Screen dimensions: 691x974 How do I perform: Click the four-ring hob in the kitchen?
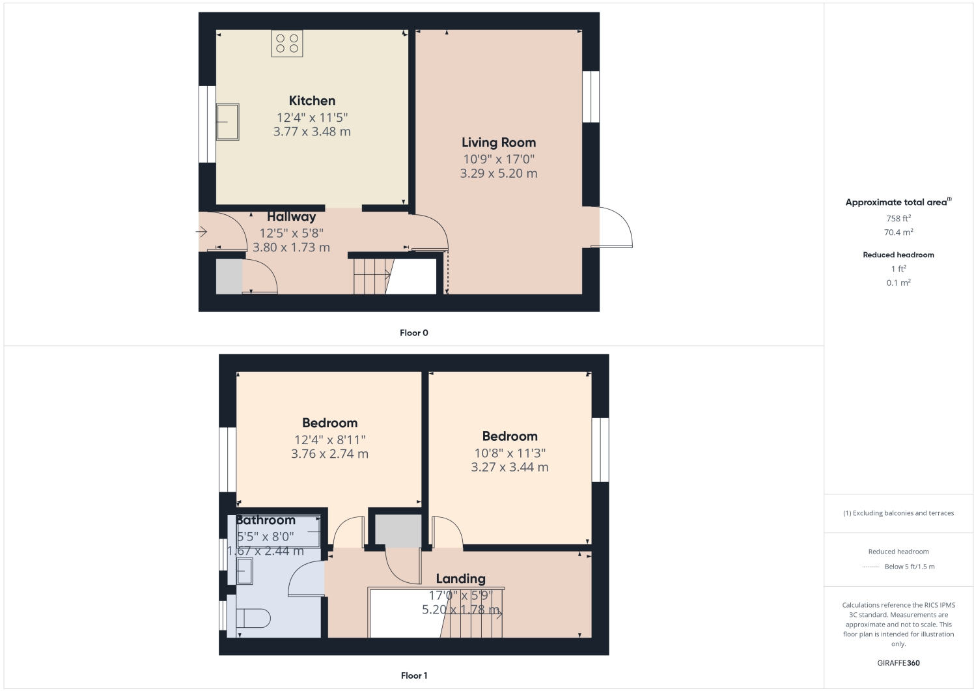287,44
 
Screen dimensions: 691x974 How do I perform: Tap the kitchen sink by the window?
228,122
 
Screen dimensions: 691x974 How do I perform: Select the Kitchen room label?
312,101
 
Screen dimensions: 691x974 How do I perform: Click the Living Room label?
499,143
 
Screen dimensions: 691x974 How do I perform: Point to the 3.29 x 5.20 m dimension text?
499,173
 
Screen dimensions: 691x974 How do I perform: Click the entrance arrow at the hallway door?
201,232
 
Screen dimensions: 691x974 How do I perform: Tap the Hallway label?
291,217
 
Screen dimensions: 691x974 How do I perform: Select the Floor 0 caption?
414,333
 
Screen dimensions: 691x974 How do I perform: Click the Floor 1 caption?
414,675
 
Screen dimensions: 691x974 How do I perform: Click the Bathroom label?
266,520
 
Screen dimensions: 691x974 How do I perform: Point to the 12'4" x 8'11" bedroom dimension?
329,440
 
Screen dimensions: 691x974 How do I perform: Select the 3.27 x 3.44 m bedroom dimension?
510,467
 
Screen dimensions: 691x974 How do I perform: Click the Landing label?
460,578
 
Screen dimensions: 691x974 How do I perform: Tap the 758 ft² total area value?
898,218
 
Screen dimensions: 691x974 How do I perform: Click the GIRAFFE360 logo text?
898,663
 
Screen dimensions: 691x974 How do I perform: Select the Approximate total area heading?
897,202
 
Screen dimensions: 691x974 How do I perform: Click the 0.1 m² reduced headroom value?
898,283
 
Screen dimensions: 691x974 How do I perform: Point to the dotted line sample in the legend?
870,567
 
